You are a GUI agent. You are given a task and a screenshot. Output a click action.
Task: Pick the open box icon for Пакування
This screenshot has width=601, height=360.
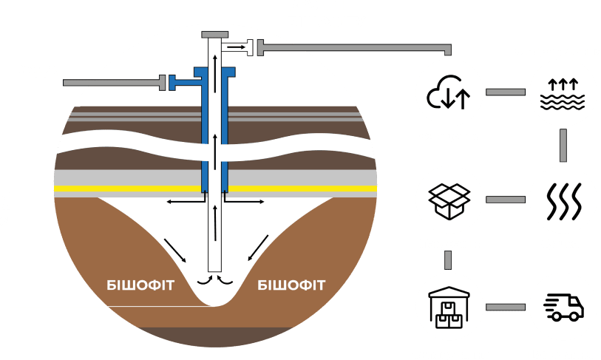(449, 199)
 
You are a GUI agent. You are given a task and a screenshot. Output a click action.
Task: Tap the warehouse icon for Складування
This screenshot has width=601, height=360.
(449, 306)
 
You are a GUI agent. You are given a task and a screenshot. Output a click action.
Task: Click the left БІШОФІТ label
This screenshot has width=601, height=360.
(140, 285)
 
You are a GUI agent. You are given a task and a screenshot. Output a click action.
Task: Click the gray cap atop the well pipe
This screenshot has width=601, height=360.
(215, 35)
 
